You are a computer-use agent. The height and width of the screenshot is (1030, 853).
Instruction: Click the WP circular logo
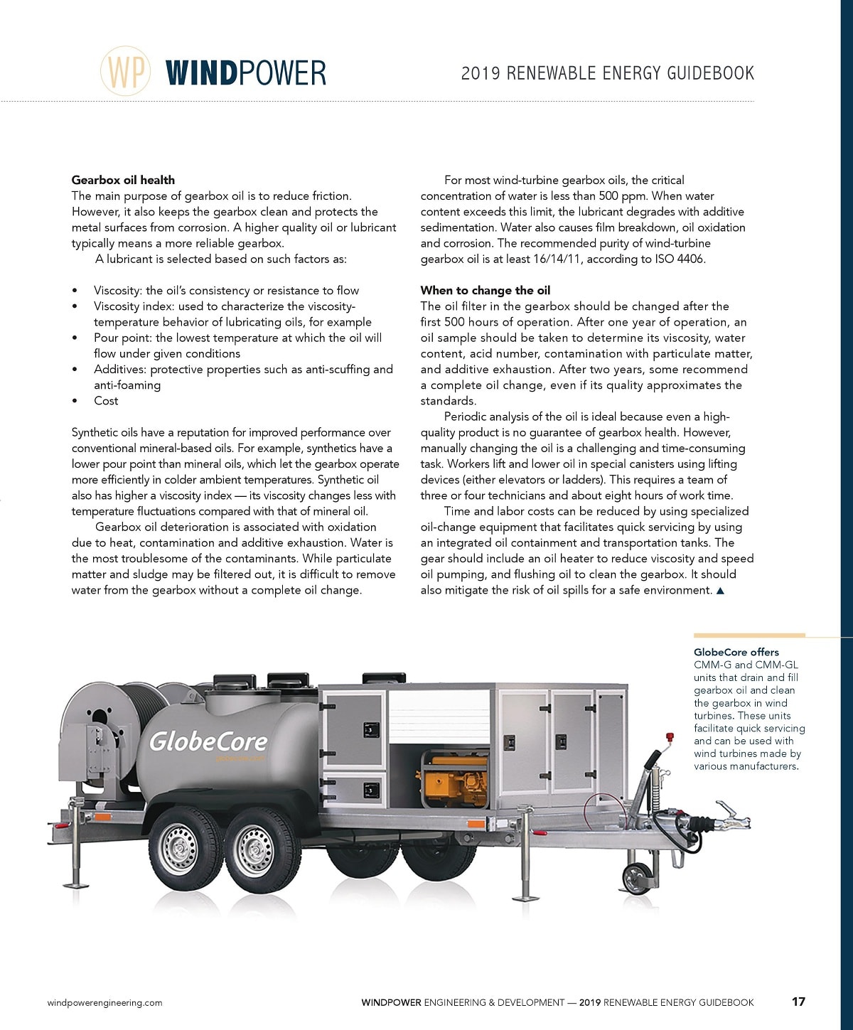(x=126, y=71)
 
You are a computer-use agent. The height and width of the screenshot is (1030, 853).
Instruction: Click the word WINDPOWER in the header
(x=246, y=73)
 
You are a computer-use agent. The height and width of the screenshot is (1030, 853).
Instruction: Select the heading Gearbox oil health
(x=123, y=180)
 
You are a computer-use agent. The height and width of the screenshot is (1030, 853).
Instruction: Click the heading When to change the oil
(x=485, y=290)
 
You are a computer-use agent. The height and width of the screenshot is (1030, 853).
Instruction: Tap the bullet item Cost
(x=106, y=401)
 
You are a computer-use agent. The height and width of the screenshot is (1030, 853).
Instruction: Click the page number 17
(x=798, y=1002)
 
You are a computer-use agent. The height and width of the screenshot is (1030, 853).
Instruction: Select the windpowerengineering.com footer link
(x=104, y=1003)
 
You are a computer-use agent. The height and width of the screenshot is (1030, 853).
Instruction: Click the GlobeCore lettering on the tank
(x=208, y=741)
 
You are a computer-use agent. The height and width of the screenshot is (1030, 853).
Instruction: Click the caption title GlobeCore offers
(x=736, y=652)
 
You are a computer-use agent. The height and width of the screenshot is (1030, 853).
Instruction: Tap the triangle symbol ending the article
(x=720, y=591)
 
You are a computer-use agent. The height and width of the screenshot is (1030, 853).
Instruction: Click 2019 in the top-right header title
(x=480, y=73)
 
